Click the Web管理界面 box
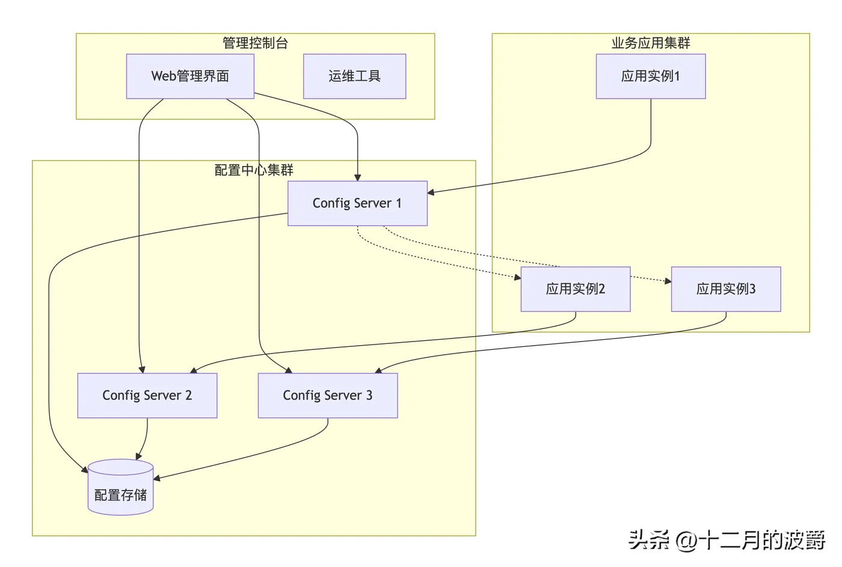(190, 76)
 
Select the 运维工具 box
(354, 76)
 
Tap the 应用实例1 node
(651, 76)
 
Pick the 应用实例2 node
(576, 289)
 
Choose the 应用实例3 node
(726, 289)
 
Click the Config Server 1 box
(357, 203)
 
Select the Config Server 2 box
(147, 395)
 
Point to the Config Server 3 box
(328, 395)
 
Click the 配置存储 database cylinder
(121, 487)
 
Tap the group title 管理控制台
(255, 43)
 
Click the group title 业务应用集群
(651, 43)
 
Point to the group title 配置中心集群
(254, 170)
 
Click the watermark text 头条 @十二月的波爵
(727, 541)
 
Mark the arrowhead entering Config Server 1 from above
(357, 178)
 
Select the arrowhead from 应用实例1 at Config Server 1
(431, 192)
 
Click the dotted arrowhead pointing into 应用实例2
(518, 277)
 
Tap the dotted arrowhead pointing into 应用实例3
(668, 281)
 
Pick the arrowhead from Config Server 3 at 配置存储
(157, 479)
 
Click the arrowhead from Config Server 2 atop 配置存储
(138, 456)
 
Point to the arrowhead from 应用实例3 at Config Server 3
(378, 370)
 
